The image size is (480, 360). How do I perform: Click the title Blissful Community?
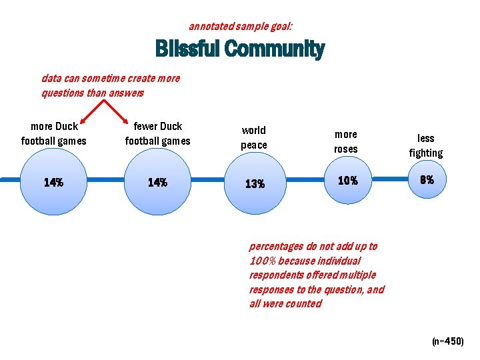240,49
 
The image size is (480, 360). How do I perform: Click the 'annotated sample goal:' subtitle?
240,27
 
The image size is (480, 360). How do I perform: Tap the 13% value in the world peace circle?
254,184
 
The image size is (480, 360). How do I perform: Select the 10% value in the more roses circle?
347,181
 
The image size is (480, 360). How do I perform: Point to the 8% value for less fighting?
426,179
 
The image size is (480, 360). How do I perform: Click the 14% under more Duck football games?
53,182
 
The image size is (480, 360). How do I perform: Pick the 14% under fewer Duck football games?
157,182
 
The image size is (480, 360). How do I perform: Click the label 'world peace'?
253,137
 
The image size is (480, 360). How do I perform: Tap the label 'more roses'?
345,141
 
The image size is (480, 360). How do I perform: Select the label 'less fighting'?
425,145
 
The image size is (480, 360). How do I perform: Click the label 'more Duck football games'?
54,133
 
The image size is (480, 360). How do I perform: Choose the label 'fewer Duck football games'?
157,133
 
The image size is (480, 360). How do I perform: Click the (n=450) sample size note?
447,341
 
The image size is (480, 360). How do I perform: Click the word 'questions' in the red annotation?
63,93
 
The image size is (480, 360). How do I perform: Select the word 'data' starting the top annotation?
51,78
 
